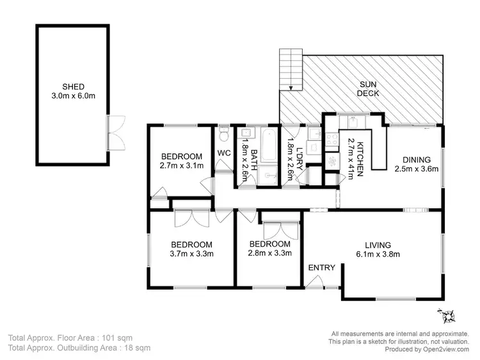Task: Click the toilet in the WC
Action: tap(223, 135)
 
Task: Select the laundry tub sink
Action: tap(314, 135)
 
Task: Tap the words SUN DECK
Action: tap(369, 88)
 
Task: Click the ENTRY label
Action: tap(322, 268)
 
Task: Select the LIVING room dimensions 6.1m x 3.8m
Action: tap(378, 254)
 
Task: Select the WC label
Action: tap(223, 153)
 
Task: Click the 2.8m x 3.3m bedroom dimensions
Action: tap(269, 253)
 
